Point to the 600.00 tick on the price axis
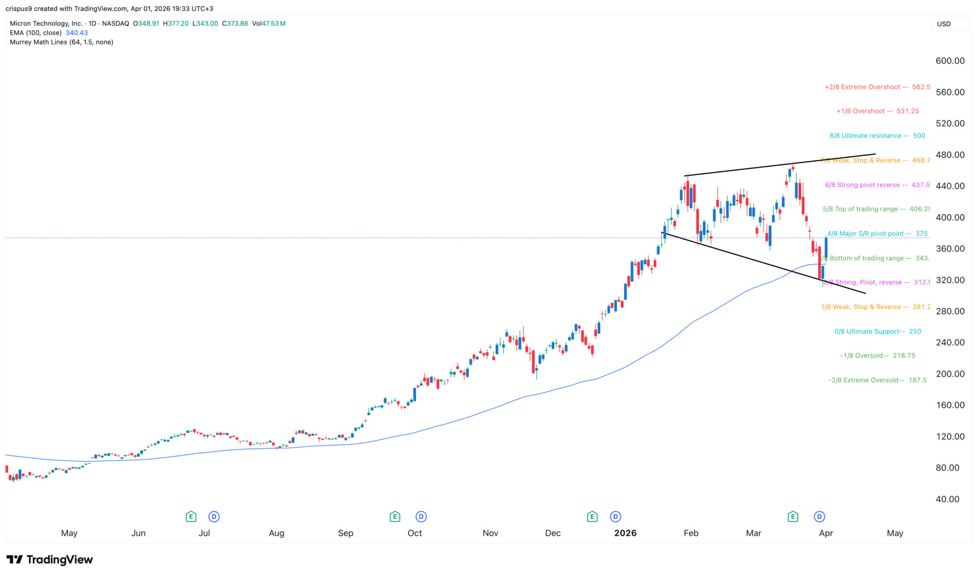coord(950,61)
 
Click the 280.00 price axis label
coord(950,311)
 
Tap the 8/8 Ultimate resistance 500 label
coord(877,136)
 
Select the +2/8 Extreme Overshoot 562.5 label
coord(877,87)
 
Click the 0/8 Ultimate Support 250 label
coord(877,331)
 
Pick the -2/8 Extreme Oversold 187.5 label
coord(877,380)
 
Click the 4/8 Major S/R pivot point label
coord(877,233)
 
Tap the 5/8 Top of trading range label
coord(876,209)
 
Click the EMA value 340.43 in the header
coord(77,33)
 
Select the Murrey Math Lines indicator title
coord(62,42)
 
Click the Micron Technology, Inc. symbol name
coord(46,23)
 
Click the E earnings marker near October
coord(395,516)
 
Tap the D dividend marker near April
coord(820,516)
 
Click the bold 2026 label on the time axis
coord(625,533)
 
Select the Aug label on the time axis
coord(276,533)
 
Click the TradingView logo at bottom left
coord(50,559)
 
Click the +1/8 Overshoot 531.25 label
coord(877,111)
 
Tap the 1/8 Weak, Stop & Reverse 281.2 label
coord(875,307)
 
